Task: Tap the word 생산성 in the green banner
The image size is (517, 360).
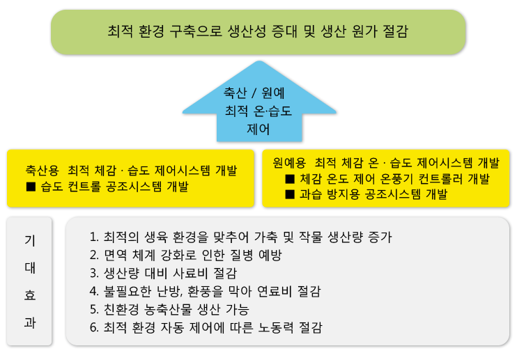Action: tap(247, 31)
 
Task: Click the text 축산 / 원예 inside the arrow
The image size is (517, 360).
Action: tap(254, 93)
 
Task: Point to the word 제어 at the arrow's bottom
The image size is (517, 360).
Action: tap(258, 129)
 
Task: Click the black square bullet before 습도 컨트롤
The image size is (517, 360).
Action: tap(31, 187)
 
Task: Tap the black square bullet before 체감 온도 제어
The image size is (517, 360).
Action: tap(290, 179)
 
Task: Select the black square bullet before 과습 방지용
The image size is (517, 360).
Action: tap(290, 194)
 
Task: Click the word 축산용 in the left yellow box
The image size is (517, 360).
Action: tap(43, 171)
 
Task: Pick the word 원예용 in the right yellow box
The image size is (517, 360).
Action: tap(289, 163)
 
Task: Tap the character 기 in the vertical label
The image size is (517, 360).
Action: tap(30, 241)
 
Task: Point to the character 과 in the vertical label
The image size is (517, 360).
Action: tap(30, 322)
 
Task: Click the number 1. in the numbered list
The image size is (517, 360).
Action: tap(94, 237)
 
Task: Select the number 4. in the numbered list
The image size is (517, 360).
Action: tap(94, 291)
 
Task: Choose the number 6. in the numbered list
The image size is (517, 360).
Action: tap(94, 327)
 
